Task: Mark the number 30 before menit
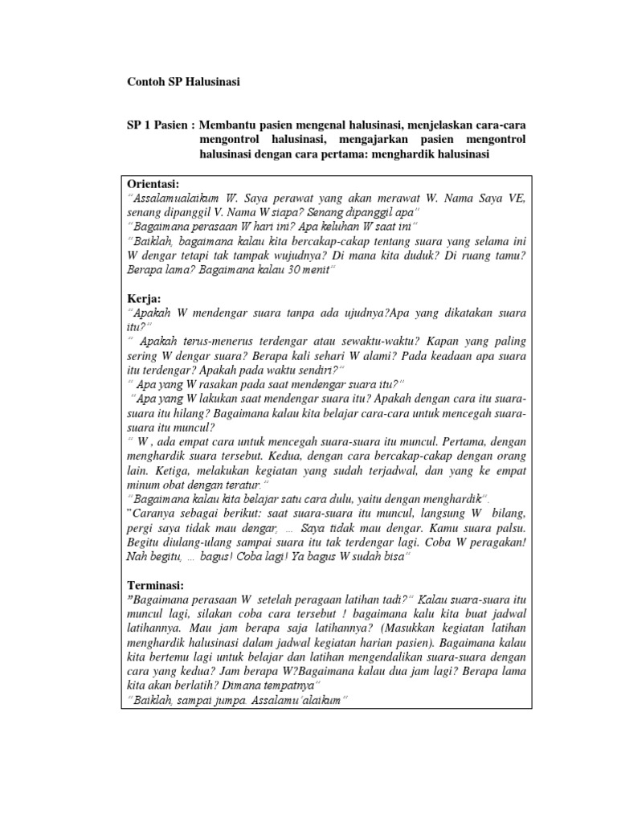pos(285,270)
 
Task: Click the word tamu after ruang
pos(509,256)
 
